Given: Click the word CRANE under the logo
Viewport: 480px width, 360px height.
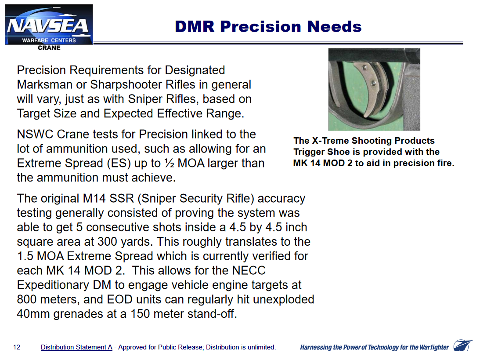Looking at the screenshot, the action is (49, 48).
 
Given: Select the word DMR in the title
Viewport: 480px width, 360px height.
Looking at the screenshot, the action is (195, 27).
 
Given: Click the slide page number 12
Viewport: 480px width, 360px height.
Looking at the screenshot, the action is (17, 347).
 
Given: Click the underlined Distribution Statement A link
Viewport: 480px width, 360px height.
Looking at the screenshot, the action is (76, 347).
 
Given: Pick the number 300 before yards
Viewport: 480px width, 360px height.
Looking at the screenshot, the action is (107, 242).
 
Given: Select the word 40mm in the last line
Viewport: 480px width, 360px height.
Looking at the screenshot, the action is (33, 314).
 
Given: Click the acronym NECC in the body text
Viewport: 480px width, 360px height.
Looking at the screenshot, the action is (249, 270).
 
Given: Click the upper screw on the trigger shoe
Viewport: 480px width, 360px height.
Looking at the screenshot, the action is (365, 67).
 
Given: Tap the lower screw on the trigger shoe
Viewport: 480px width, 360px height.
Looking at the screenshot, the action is (373, 83).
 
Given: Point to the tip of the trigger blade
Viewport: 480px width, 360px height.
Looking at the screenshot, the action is (365, 116).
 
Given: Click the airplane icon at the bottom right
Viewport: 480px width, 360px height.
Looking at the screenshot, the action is (462, 345).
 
